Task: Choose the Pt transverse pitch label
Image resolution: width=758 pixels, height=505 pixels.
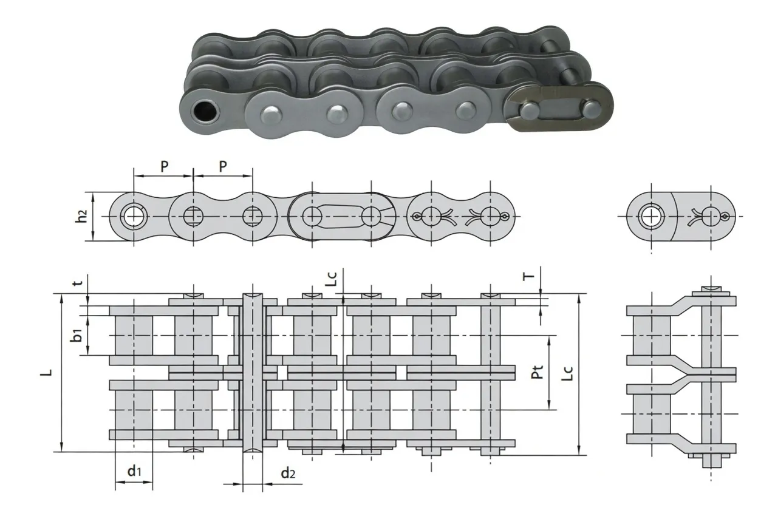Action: pyautogui.click(x=537, y=371)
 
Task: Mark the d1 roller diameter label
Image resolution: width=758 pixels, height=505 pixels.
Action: pyautogui.click(x=134, y=470)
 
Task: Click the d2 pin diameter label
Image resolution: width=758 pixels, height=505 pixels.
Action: pyautogui.click(x=288, y=473)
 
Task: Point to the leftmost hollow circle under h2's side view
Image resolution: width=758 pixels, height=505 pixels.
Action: pyautogui.click(x=132, y=216)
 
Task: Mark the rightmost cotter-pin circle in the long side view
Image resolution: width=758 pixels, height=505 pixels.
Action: pyautogui.click(x=490, y=216)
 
